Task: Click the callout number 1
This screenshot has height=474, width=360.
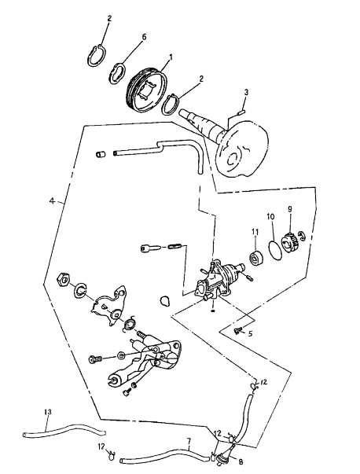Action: point(171,57)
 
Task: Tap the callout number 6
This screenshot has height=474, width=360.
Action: point(144,37)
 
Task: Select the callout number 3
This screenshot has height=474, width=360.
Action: point(246,92)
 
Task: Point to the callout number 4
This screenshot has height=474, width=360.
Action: point(52,200)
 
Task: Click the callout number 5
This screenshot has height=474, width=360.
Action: point(250,334)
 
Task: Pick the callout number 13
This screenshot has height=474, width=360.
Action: point(48,412)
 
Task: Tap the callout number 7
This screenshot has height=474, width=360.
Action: point(189,441)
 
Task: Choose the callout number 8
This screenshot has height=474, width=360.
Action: point(241,462)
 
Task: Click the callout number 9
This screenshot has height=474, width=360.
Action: point(290,208)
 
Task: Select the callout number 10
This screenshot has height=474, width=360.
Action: point(270,216)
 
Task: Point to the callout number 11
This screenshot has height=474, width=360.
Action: point(255,232)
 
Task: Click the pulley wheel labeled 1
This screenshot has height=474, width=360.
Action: point(147,92)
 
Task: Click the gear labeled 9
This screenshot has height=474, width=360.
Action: point(289,241)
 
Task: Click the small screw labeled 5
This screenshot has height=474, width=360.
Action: point(237,331)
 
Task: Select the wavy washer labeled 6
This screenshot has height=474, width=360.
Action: point(117,73)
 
